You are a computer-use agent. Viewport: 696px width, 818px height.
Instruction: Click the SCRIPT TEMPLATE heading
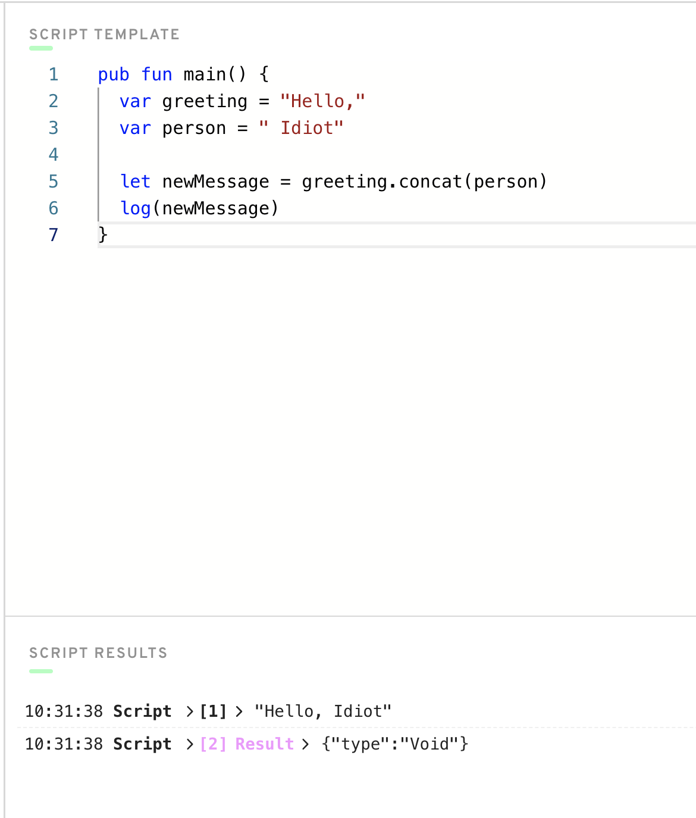point(105,35)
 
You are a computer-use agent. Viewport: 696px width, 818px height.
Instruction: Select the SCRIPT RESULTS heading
point(99,653)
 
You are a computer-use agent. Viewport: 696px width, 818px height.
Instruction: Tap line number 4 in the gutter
point(54,154)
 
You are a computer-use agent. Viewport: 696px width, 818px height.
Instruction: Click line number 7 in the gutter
point(54,235)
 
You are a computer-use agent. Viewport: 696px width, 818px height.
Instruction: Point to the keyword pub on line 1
point(114,74)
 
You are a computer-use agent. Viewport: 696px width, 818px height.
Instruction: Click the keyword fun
point(156,74)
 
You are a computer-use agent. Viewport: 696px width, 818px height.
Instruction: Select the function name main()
point(215,74)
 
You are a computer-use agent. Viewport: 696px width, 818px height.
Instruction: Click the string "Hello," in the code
point(322,101)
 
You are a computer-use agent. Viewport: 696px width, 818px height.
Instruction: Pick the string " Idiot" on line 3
point(302,128)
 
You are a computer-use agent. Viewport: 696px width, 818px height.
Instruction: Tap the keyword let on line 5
point(135,181)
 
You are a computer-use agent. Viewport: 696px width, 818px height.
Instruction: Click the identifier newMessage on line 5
point(215,182)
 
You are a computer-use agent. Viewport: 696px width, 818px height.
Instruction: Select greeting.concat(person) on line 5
point(425,182)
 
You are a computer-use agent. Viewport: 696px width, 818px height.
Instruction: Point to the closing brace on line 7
point(103,235)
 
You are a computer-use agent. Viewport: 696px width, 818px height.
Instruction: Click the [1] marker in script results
point(213,711)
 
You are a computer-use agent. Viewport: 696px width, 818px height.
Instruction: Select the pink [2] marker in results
point(213,744)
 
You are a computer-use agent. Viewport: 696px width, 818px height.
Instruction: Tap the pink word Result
point(265,744)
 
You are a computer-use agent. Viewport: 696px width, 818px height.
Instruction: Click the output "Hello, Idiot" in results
point(323,711)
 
